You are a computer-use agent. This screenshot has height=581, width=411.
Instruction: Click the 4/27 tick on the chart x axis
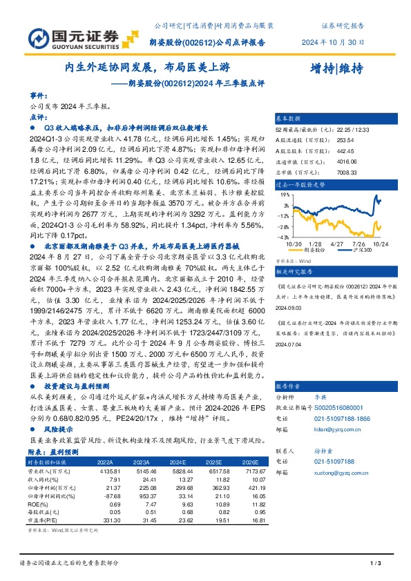pyautogui.click(x=337, y=243)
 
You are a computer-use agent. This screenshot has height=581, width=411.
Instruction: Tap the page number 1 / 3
pyautogui.click(x=376, y=564)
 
